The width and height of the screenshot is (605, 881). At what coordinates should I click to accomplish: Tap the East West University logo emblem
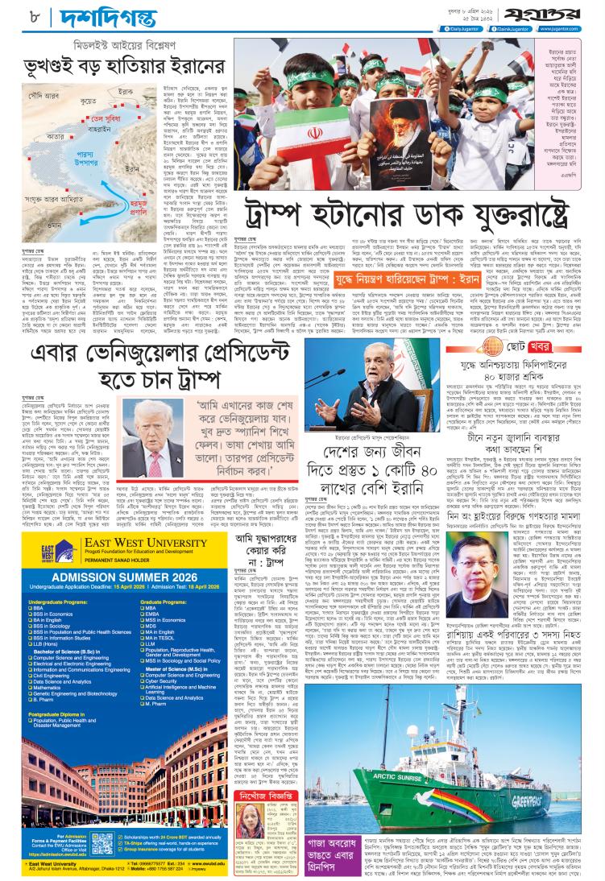pos(33,560)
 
